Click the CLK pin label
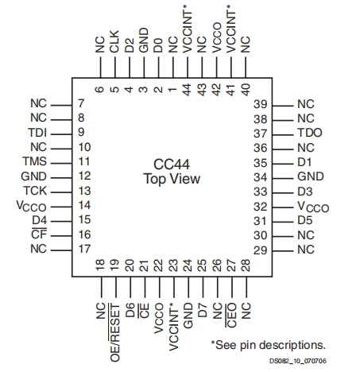coord(114,41)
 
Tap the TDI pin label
coord(37,133)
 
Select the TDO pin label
coord(310,133)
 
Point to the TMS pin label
coord(34,161)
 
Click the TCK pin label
coord(35,191)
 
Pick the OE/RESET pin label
coord(114,332)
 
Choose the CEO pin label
coord(231,316)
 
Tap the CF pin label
coord(39,234)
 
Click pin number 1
coord(172,89)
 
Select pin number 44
coord(187,90)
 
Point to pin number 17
coord(84,249)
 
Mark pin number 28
coord(246,265)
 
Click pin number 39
coord(261,104)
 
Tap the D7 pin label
coord(202,310)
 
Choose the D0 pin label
coord(158,45)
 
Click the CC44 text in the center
coord(172,165)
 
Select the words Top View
coord(172,179)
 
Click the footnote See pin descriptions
coord(268,345)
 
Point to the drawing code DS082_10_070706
coord(298,361)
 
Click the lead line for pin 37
coord(283,135)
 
